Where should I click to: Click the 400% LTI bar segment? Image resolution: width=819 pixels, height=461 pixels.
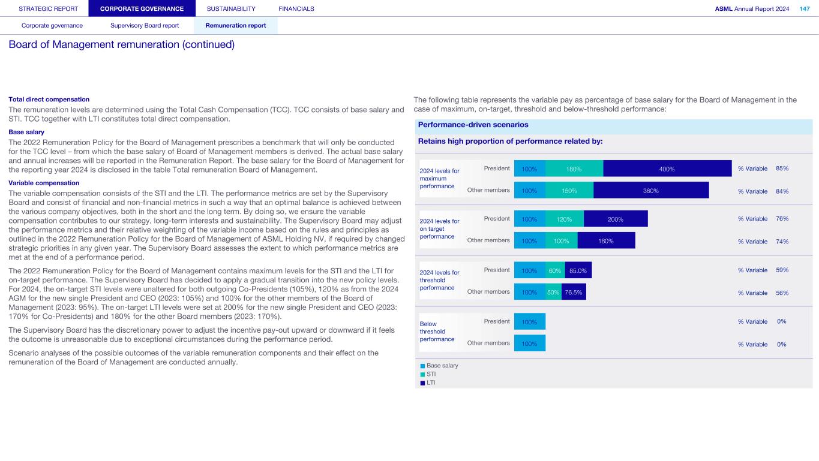667,169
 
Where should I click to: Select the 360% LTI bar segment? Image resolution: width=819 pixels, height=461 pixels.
651,191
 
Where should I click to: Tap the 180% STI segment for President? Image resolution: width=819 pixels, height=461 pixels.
574,169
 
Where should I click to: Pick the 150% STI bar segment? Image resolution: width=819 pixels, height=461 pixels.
569,191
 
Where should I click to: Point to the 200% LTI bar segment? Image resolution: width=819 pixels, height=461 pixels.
616,219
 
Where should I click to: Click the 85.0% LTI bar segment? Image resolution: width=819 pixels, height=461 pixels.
578,270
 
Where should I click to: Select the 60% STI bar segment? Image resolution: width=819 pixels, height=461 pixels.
555,270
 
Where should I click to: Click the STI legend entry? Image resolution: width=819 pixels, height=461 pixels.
431,374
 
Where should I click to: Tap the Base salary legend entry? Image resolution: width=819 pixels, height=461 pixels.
442,365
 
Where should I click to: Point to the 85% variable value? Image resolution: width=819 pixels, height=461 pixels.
782,168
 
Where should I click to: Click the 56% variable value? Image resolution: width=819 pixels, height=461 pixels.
782,293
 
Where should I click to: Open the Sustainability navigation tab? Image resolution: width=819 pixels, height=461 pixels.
230,8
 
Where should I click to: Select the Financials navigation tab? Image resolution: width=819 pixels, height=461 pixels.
296,8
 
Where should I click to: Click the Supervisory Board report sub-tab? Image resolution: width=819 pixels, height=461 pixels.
145,26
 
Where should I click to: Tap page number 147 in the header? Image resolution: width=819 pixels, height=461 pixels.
804,8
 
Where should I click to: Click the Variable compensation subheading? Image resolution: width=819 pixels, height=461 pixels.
43,183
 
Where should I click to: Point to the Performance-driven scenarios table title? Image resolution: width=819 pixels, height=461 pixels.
473,125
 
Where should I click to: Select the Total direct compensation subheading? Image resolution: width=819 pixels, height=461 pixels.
49,99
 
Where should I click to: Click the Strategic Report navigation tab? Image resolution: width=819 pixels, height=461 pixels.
44,8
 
